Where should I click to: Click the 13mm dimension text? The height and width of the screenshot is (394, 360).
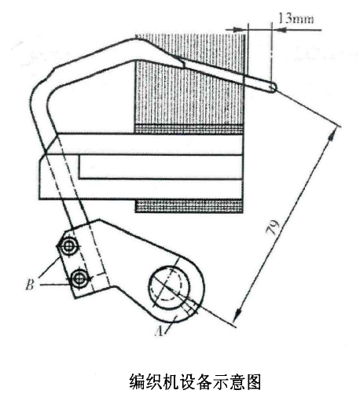point(296,18)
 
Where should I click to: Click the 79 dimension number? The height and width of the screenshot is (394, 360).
point(273,227)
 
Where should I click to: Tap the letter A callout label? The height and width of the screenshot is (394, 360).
point(159,331)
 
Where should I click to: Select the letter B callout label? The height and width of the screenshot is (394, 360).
point(30,284)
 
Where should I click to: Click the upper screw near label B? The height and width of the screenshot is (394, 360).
point(68,246)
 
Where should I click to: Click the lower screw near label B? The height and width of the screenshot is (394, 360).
point(79,278)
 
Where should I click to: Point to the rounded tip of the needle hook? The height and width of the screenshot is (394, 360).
point(273,87)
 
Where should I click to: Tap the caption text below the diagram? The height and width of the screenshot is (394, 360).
point(195,381)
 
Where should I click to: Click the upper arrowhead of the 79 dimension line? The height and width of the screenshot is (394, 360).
point(332,136)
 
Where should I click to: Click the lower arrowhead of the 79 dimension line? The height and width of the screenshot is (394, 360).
point(238,313)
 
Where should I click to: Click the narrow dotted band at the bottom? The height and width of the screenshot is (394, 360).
point(189,206)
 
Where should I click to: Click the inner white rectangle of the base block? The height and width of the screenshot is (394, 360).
point(160,167)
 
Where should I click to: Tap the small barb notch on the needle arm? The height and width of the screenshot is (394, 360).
point(182,63)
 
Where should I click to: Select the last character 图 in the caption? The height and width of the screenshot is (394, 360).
point(254,381)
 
